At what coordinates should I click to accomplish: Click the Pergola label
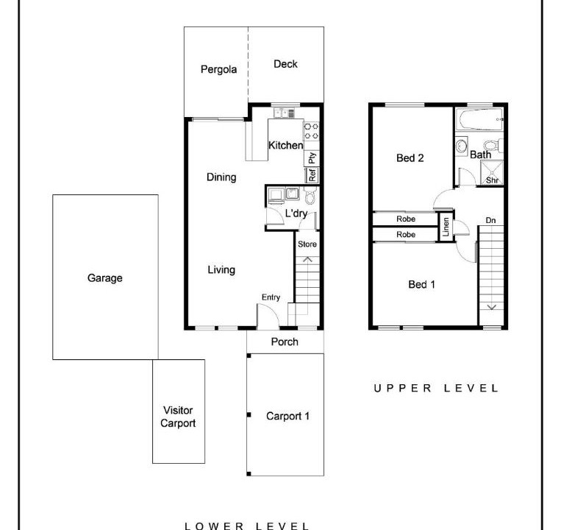218,69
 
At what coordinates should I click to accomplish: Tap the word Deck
285,64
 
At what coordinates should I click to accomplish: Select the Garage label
105,278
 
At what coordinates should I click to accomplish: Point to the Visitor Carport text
178,417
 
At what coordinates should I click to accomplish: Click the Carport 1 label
287,416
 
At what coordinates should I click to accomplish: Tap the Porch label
285,342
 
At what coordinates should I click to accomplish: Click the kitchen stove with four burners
311,131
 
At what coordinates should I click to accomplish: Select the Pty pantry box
312,158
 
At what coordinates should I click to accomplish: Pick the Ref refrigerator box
312,175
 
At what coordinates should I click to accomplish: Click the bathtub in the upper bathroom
480,119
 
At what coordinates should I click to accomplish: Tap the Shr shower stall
492,173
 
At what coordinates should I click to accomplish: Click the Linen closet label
446,227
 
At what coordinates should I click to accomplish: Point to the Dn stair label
490,220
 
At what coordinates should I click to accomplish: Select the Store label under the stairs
307,244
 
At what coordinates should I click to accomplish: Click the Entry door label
271,297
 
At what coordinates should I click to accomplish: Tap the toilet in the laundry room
310,196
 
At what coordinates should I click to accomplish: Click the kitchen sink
285,113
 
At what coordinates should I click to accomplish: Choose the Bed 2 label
410,158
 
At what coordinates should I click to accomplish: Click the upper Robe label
406,219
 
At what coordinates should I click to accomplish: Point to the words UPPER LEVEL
436,388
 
